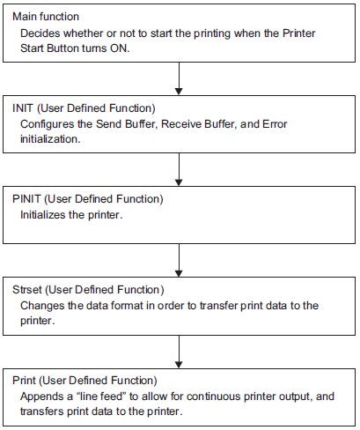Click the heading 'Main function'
click(46, 17)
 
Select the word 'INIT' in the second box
click(23, 108)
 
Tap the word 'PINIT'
click(26, 199)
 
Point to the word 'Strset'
click(27, 290)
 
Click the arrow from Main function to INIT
click(179, 78)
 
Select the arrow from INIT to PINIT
click(179, 169)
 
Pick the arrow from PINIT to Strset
click(179, 261)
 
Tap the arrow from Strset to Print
click(179, 352)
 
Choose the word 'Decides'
click(40, 33)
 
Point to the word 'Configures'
click(47, 124)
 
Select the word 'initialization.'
click(50, 139)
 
